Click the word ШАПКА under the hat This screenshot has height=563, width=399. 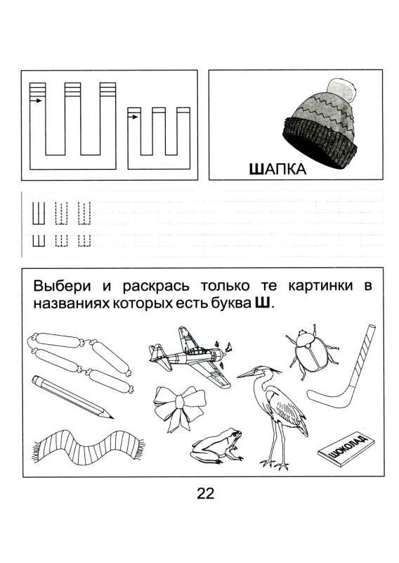(x=279, y=169)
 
